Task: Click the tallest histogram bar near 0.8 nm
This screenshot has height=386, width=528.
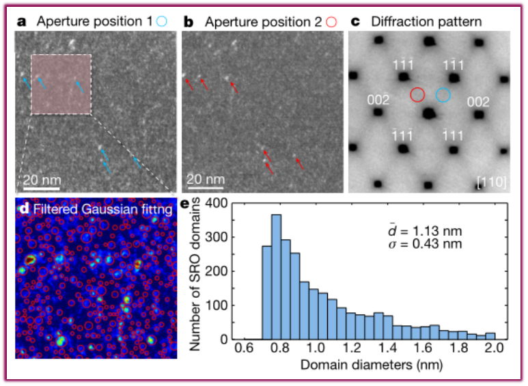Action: pos(277,277)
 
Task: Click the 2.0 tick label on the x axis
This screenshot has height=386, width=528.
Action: pos(495,348)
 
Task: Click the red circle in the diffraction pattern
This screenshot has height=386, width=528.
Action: pos(418,95)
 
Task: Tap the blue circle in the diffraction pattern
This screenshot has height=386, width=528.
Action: pos(443,95)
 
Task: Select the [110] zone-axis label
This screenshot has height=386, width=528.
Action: pos(490,181)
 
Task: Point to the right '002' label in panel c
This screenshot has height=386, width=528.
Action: pos(478,102)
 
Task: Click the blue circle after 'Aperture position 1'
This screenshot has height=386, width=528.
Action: pos(161,21)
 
